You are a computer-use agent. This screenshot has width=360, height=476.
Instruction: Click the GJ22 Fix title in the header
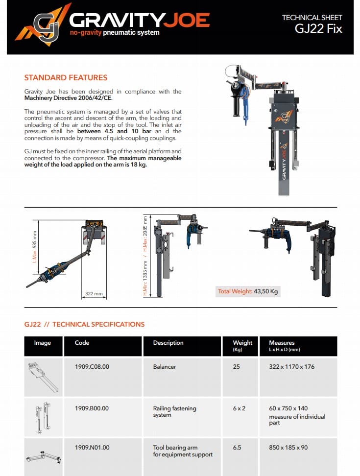[318, 28]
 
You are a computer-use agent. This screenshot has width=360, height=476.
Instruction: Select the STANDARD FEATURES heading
[66, 77]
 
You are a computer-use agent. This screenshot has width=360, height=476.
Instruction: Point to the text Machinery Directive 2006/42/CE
[68, 98]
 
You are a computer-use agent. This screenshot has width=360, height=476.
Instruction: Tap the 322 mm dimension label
[94, 294]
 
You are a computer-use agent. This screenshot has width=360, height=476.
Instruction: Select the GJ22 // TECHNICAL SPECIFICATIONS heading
[84, 324]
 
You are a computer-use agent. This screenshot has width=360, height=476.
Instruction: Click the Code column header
[82, 343]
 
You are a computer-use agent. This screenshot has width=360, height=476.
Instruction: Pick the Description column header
[168, 343]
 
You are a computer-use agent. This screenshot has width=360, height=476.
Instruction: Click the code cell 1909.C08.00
[92, 366]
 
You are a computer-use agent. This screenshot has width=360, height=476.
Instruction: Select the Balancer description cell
[165, 366]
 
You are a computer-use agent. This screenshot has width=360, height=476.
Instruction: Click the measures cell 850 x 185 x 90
[288, 447]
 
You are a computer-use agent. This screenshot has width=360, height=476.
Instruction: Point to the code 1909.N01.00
[92, 447]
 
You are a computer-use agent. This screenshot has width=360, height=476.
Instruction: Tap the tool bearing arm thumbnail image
[43, 458]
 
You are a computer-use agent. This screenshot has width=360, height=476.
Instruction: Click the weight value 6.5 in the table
[237, 447]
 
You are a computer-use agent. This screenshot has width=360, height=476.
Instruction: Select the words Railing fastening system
[174, 411]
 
